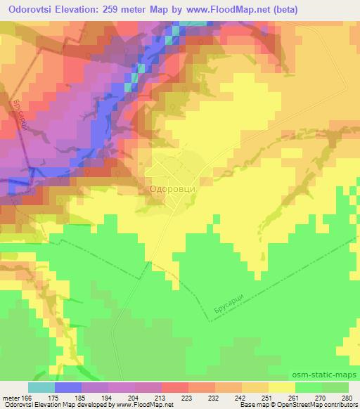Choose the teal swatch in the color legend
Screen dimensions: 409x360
41,387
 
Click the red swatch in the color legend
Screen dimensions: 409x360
175,387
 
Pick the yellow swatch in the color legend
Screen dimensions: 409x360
282,387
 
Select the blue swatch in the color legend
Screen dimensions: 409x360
68,387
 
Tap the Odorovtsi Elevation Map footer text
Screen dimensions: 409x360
42,405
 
